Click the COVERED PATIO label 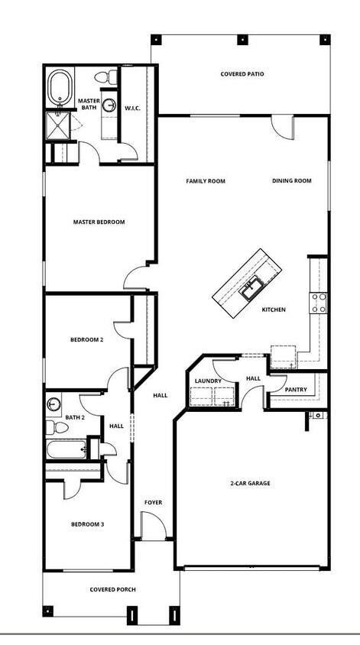pyautogui.click(x=242, y=74)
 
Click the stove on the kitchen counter pyautogui.click(x=319, y=303)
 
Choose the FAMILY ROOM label pyautogui.click(x=206, y=181)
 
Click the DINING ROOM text pyautogui.click(x=292, y=181)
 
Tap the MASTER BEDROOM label pyautogui.click(x=99, y=222)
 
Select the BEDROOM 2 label pyautogui.click(x=87, y=339)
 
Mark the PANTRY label pyautogui.click(x=296, y=390)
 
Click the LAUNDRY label pyautogui.click(x=208, y=381)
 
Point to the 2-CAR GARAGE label pyautogui.click(x=251, y=483)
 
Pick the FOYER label pyautogui.click(x=154, y=502)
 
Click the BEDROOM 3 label pyautogui.click(x=87, y=524)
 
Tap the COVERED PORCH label pyautogui.click(x=113, y=589)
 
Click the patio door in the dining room pyautogui.click(x=282, y=126)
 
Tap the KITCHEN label pyautogui.click(x=274, y=310)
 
